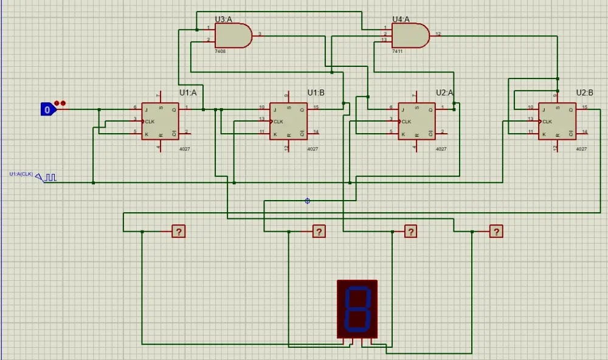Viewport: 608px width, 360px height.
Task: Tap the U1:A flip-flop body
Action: pyautogui.click(x=161, y=121)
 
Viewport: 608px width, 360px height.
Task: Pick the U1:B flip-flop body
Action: pyautogui.click(x=288, y=121)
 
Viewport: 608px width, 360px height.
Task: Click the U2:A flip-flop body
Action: pyautogui.click(x=416, y=121)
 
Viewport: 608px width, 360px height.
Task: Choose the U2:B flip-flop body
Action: pyautogui.click(x=556, y=121)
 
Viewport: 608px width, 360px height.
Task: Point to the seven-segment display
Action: pyautogui.click(x=358, y=308)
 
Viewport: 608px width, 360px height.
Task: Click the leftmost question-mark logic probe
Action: pyautogui.click(x=178, y=231)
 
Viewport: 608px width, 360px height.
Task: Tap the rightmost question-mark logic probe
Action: pyautogui.click(x=497, y=231)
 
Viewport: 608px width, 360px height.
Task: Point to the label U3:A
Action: pyautogui.click(x=224, y=19)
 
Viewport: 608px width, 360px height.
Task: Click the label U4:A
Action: pyautogui.click(x=401, y=19)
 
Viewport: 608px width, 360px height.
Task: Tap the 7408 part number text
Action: pyautogui.click(x=220, y=52)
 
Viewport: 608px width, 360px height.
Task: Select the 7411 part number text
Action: pyautogui.click(x=397, y=52)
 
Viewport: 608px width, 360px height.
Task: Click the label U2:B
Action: pyautogui.click(x=584, y=92)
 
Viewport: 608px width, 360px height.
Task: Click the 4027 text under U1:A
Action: pyautogui.click(x=184, y=148)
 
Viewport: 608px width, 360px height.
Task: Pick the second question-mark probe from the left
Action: pyautogui.click(x=319, y=231)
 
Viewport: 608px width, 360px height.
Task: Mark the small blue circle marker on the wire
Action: pyautogui.click(x=307, y=201)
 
